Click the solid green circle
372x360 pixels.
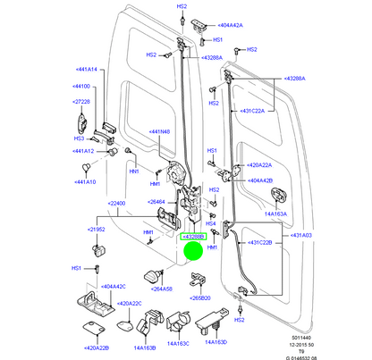(194, 251)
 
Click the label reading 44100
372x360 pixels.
(81, 86)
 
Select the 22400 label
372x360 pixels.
(118, 204)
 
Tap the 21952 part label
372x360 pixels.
(97, 230)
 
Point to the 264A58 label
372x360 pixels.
(162, 288)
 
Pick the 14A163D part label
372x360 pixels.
(216, 341)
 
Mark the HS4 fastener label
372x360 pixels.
(213, 224)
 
